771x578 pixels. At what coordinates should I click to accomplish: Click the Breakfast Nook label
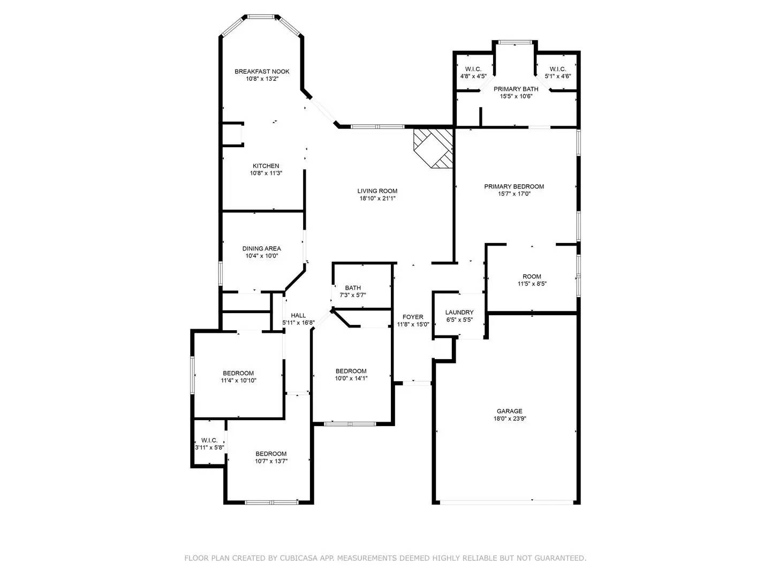pos(262,72)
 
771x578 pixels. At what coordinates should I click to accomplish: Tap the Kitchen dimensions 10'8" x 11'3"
pos(266,173)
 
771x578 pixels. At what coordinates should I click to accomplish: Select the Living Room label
pos(377,191)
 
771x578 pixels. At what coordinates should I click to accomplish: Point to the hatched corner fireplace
pos(433,148)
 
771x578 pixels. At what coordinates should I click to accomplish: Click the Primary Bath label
pos(516,89)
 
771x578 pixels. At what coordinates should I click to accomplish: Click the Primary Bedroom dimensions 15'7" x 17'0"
pos(514,194)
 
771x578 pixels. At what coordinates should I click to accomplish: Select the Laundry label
pos(459,313)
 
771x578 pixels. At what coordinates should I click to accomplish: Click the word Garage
pos(509,411)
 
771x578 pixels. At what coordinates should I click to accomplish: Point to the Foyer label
pos(413,317)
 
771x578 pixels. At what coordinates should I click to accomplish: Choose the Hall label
pos(298,316)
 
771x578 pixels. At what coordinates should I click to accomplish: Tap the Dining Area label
pos(262,248)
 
